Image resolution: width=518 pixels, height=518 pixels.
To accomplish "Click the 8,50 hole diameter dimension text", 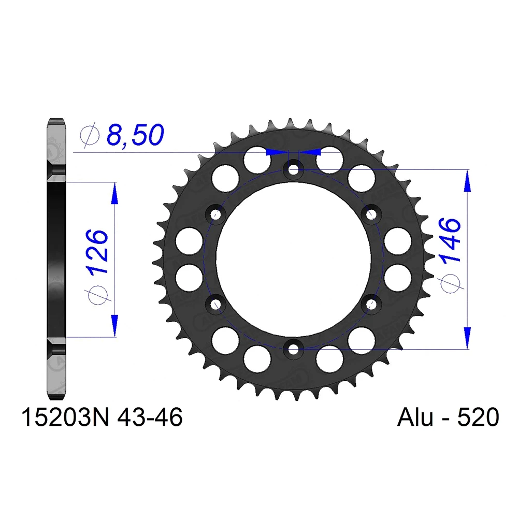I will click(135, 135).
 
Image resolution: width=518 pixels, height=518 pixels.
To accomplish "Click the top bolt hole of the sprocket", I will click(294, 168).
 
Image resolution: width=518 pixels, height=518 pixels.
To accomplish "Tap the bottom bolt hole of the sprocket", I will click(294, 348).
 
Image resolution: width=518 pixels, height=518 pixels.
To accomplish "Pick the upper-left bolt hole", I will click(215, 213).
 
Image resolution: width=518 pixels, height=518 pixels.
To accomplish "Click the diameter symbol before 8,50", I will click(90, 135).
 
